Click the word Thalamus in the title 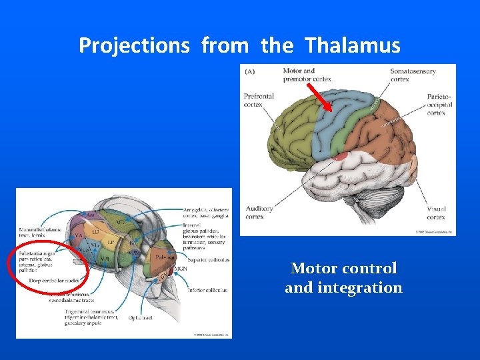[353, 45]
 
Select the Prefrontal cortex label [259, 100]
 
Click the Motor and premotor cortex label [307, 74]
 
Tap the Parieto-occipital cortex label [439, 105]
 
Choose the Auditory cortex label [259, 212]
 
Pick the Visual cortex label [437, 212]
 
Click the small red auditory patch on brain [341, 157]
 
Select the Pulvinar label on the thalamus [165, 257]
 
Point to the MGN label [180, 269]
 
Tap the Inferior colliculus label [207, 290]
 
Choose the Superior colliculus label [208, 260]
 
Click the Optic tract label [140, 318]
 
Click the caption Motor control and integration [343, 278]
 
